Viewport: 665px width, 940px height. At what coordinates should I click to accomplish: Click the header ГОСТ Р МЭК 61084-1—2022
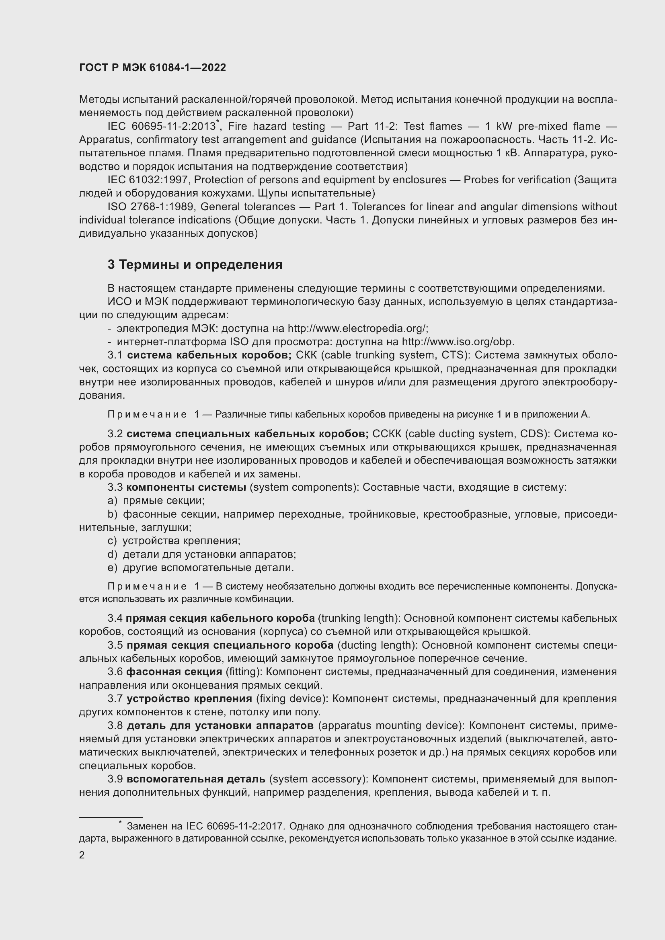(x=152, y=68)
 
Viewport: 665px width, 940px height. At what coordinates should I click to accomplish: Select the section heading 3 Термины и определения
(x=195, y=265)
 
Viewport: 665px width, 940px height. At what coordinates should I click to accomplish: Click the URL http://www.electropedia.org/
(x=357, y=328)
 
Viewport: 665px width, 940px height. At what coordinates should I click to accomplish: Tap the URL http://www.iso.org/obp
(x=458, y=342)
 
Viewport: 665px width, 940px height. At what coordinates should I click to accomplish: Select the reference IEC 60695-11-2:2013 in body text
(x=161, y=127)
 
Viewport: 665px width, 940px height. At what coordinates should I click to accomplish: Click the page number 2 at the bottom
(x=82, y=855)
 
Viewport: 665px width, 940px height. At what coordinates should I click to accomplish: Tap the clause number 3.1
(x=115, y=355)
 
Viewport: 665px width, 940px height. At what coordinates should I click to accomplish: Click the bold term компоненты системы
(x=186, y=487)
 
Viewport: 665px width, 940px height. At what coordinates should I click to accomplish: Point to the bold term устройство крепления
(x=189, y=698)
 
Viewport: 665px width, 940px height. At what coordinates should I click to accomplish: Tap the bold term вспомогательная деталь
(x=196, y=779)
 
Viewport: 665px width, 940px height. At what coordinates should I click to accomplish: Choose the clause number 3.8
(x=115, y=725)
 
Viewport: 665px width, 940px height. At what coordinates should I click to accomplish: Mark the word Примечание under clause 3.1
(x=147, y=414)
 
